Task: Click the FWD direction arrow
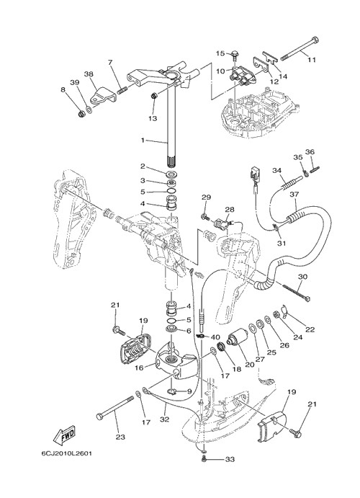click(64, 435)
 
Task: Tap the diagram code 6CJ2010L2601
click(66, 453)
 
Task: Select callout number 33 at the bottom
click(230, 460)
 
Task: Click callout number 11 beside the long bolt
click(312, 59)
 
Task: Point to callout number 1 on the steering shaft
click(143, 140)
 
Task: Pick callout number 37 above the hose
click(294, 195)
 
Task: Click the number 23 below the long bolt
click(120, 437)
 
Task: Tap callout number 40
click(215, 337)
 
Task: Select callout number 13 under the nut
click(153, 118)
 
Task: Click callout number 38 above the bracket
click(89, 74)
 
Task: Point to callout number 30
click(302, 277)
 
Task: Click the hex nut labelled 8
click(82, 113)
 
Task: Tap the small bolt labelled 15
click(235, 55)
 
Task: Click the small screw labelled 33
click(204, 458)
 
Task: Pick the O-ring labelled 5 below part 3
click(171, 191)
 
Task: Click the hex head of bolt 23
click(99, 416)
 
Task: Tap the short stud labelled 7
click(122, 89)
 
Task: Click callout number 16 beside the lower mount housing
click(139, 368)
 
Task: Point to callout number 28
click(230, 209)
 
